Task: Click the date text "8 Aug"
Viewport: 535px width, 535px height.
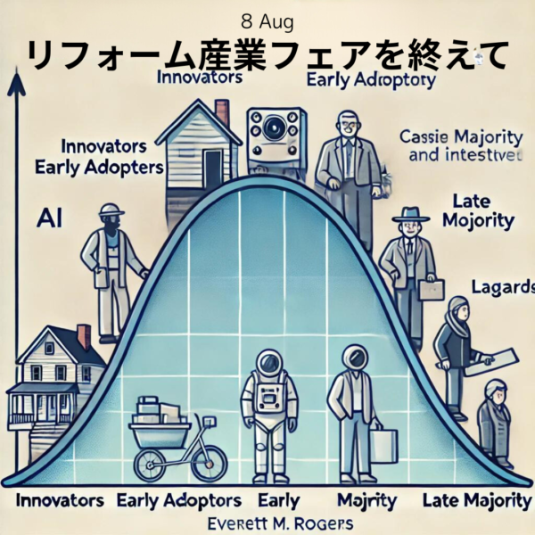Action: coord(267,19)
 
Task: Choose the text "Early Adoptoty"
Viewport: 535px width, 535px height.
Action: coord(369,81)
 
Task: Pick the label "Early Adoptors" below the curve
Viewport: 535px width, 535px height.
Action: coord(177,498)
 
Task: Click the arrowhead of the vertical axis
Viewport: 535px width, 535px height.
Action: coord(14,83)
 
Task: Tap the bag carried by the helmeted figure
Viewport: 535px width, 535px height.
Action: coord(383,445)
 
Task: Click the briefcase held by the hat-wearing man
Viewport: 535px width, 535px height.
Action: coord(432,289)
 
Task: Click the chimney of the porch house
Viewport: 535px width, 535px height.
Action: coord(84,336)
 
